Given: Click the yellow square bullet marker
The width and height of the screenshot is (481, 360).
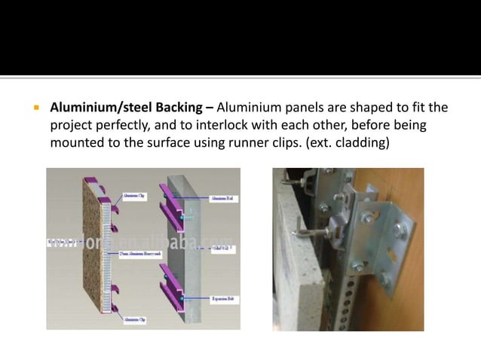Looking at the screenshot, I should (34, 107).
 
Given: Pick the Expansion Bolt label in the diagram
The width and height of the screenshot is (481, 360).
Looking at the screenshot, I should (222, 299).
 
